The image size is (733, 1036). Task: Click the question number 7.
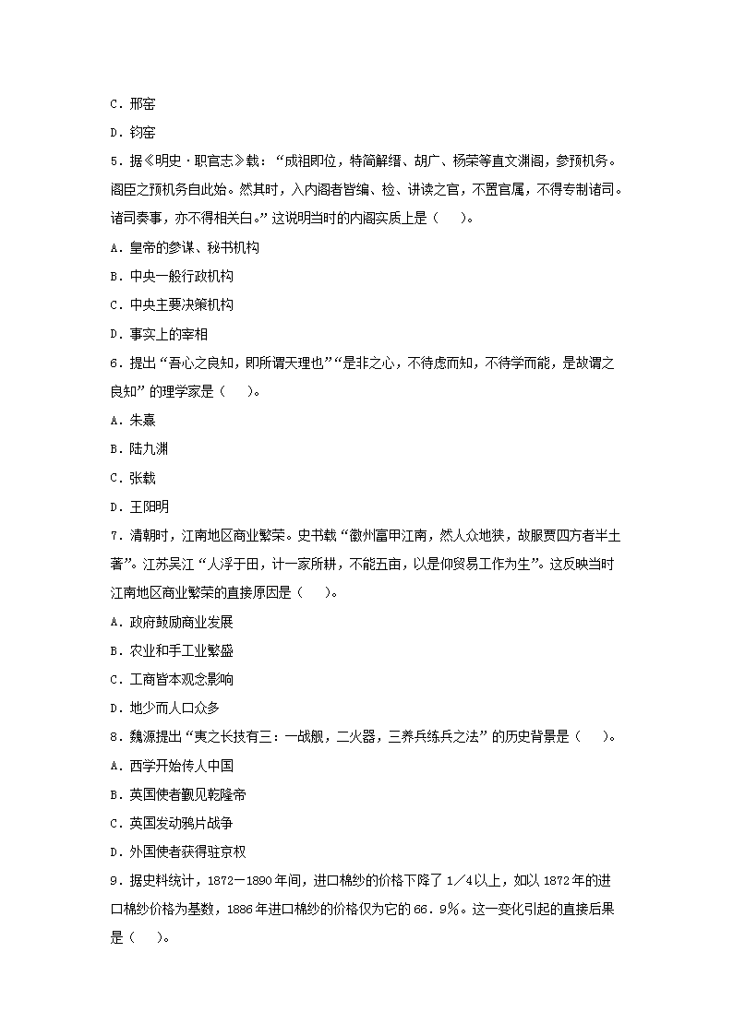click(113, 535)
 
